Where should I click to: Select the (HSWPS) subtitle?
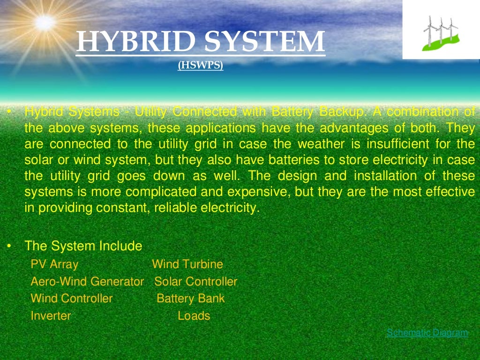200,67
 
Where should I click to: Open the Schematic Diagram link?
427,333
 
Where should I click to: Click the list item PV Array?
54,264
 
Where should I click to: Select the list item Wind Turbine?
187,264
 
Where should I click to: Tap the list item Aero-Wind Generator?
87,282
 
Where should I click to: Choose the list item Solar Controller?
196,282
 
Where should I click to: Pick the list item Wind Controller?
72,299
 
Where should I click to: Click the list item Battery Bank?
191,299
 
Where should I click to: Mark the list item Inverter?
51,316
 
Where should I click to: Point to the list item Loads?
194,316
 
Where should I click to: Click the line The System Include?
83,246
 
